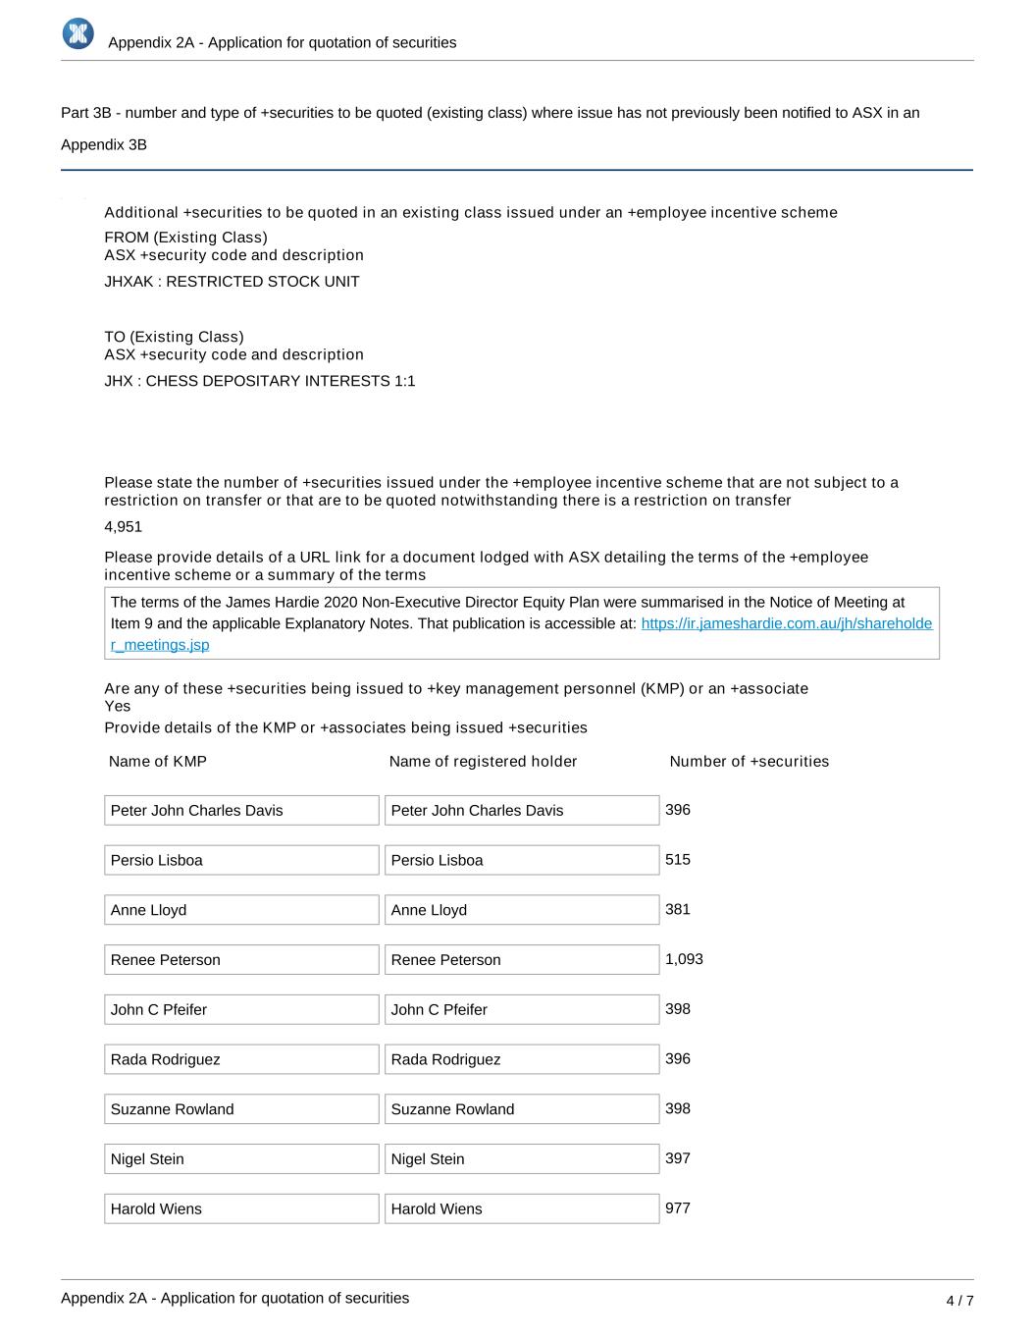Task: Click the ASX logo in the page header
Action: [x=78, y=33]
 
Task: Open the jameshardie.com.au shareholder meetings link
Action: [x=786, y=624]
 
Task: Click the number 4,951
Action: [x=123, y=527]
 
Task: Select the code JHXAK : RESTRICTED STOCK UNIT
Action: [x=232, y=282]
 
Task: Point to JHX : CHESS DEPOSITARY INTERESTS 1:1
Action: [x=260, y=381]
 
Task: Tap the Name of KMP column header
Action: [x=158, y=762]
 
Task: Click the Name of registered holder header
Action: [x=483, y=762]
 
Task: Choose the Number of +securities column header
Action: [x=749, y=762]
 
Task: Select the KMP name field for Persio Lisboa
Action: [x=241, y=860]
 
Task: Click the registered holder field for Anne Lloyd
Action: [x=521, y=910]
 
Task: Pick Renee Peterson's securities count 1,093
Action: [x=684, y=959]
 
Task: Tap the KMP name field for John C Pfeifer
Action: [x=241, y=1009]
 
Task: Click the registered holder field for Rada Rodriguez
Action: [x=521, y=1059]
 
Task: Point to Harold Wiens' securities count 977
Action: [x=678, y=1208]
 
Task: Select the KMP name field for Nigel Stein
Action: [x=241, y=1158]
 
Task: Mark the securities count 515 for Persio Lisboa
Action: [x=678, y=860]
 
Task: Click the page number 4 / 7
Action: [x=959, y=1301]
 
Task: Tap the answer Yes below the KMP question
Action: [x=118, y=707]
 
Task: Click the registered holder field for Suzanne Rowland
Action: [x=521, y=1109]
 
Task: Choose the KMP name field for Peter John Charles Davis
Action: [x=241, y=810]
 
